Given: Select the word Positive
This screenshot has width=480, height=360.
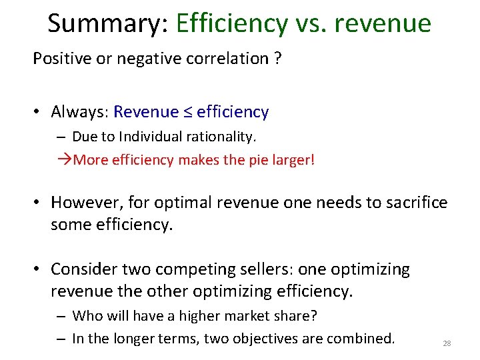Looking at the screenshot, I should (62, 59).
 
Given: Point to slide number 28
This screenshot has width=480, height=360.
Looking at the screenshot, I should (447, 343).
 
